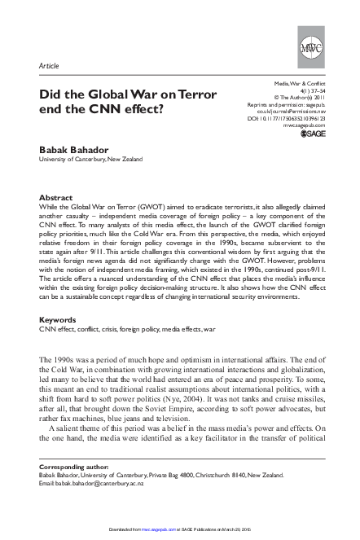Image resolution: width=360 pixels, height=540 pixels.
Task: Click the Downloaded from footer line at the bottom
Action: (x=179, y=533)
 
